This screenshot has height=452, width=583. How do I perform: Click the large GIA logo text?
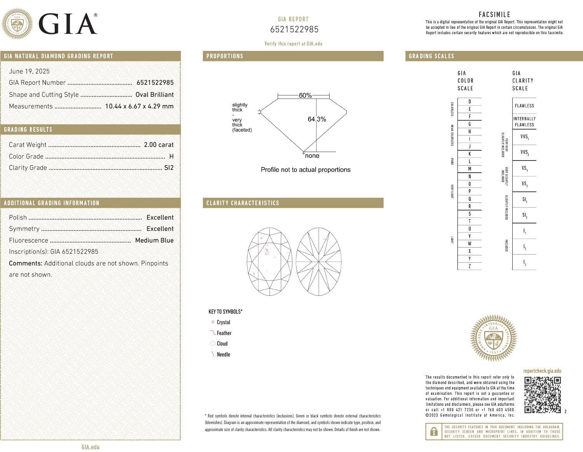68,24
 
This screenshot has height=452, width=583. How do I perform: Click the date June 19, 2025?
30,71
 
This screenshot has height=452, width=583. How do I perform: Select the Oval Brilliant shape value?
154,94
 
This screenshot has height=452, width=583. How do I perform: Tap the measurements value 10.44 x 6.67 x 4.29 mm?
139,106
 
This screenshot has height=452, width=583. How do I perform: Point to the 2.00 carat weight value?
159,145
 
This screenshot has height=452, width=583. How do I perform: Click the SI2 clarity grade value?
169,168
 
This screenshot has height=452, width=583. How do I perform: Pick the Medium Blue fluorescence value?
154,240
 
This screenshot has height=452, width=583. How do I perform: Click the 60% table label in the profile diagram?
305,95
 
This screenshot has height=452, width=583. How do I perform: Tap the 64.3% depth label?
317,119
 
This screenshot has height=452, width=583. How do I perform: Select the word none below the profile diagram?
312,156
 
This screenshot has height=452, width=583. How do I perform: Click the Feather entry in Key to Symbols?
224,333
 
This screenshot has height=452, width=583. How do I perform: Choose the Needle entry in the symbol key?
223,354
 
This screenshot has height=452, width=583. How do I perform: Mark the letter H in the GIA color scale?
470,132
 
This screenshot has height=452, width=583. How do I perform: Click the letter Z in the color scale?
470,266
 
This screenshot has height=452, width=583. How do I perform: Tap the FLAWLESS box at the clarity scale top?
524,106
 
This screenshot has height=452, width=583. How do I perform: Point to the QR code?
543,395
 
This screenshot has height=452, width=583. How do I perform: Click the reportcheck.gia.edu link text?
542,371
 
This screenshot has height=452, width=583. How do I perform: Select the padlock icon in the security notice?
433,431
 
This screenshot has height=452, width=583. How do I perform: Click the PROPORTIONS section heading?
225,56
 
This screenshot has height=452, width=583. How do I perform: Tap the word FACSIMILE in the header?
494,14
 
